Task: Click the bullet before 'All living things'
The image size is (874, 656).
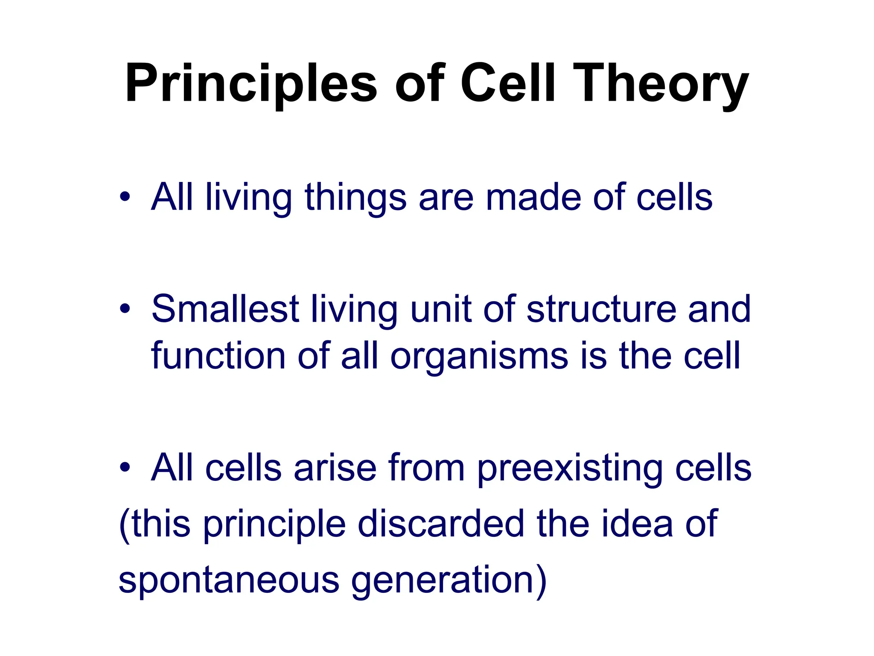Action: (125, 197)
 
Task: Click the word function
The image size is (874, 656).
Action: (218, 355)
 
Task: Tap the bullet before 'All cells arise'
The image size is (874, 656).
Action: (125, 467)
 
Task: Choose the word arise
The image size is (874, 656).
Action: (335, 468)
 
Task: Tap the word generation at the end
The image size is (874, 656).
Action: (442, 581)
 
